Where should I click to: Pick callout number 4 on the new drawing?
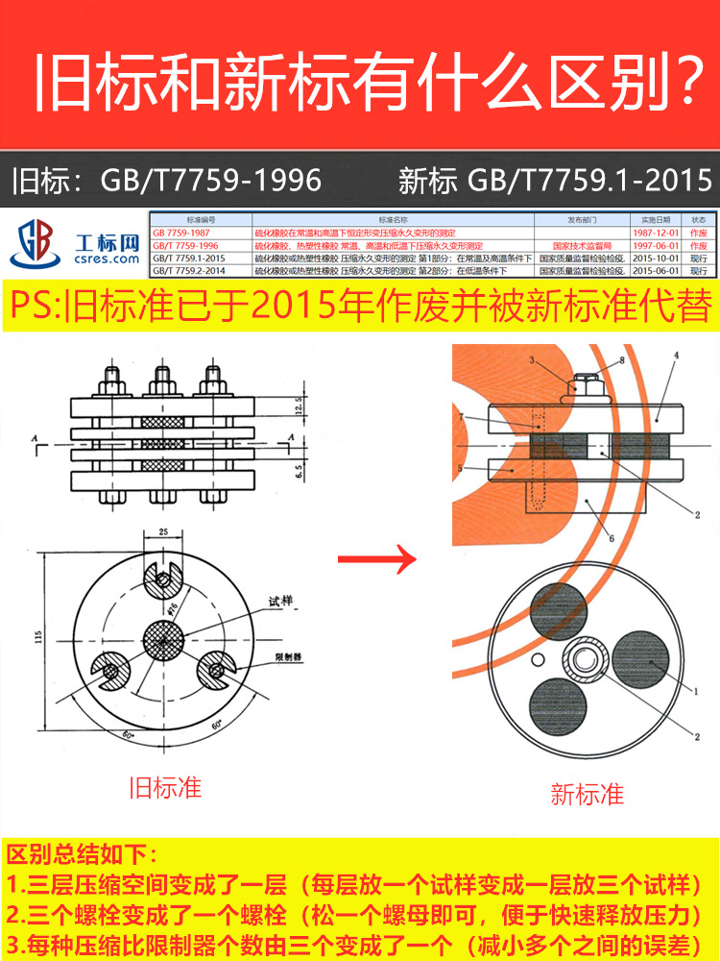(x=675, y=356)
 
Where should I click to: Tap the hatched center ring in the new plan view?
(x=583, y=661)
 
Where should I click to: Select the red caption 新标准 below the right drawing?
(x=587, y=794)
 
